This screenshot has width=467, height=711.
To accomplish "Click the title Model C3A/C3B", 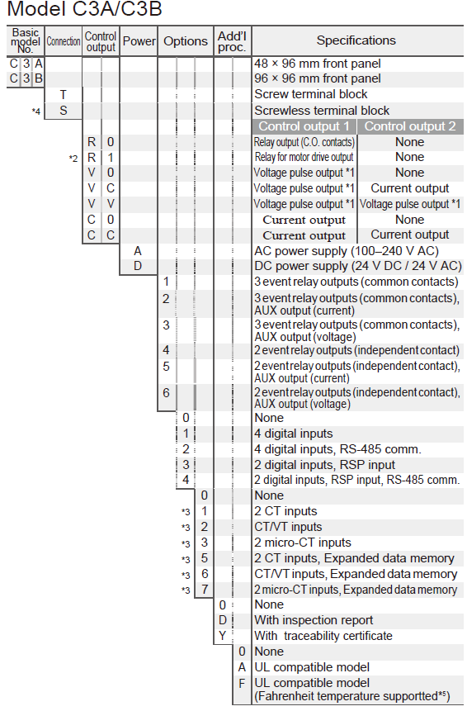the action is (x=85, y=8).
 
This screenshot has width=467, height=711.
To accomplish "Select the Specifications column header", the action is (x=356, y=40).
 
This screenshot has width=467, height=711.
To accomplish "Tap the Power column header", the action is (x=139, y=41).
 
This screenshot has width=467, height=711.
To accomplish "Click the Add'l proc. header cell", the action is (x=232, y=41).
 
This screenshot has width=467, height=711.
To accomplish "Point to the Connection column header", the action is (x=64, y=41).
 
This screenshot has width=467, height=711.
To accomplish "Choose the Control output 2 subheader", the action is (x=410, y=126).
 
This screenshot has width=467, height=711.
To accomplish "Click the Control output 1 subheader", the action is (x=304, y=126).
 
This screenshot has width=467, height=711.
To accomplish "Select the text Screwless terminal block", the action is (x=322, y=110).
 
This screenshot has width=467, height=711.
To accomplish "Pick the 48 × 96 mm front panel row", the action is (x=318, y=64).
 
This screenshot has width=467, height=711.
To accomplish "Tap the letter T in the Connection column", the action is (x=63, y=94).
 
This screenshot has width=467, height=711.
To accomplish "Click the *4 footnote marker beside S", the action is (x=35, y=111).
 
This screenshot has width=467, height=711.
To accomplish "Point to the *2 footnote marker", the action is (x=73, y=159).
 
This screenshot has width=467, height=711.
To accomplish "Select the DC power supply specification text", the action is (x=358, y=266).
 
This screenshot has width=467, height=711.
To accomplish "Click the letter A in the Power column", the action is (x=138, y=251).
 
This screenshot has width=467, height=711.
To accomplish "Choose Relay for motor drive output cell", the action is (x=304, y=158).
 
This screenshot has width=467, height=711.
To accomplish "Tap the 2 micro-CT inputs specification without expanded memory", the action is (x=303, y=543).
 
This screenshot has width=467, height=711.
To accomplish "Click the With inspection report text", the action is (x=314, y=620).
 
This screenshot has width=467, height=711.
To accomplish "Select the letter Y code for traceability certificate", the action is (x=223, y=636).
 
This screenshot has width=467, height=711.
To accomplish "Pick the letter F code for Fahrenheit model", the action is (x=242, y=683).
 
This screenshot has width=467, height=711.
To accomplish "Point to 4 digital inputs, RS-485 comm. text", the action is (x=338, y=449).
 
